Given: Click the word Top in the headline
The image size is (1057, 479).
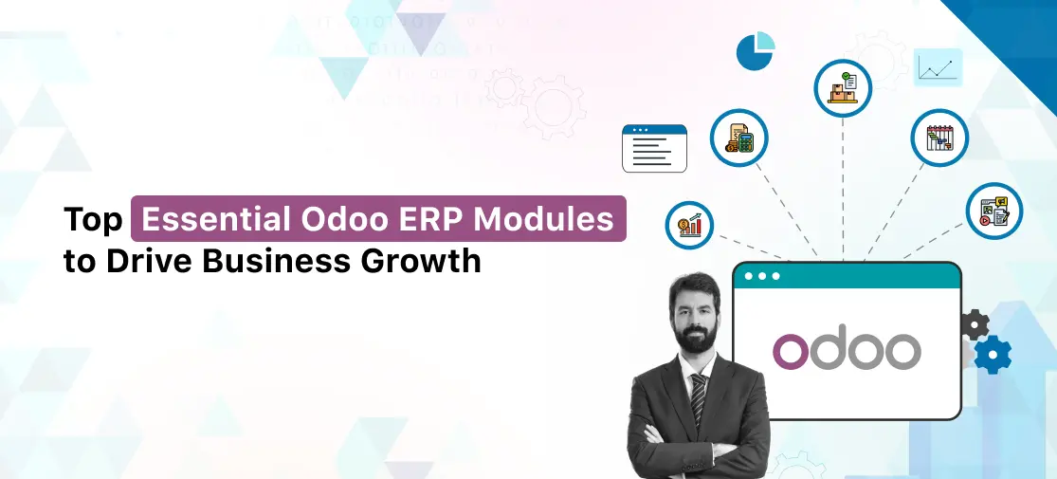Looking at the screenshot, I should (93, 220).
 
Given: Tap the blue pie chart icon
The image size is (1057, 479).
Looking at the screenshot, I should (756, 51).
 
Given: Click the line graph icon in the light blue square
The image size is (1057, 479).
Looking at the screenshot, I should (939, 67).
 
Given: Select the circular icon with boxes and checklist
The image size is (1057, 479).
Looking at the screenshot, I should (843, 87).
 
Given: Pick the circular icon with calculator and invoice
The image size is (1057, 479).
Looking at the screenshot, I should (739, 138).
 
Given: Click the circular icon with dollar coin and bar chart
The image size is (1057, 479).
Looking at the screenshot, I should (689, 225).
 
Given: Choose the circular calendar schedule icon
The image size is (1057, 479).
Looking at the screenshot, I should (939, 138).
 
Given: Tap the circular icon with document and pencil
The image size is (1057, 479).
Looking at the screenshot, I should (993, 211).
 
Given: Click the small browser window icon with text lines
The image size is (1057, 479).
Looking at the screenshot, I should (654, 148).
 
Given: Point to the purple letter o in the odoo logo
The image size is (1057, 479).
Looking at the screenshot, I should (791, 351).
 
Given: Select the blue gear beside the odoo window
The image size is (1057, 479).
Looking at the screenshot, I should (993, 354).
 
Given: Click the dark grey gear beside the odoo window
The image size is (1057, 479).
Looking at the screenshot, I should (974, 324).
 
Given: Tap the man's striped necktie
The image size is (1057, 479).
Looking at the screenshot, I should (699, 397).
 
